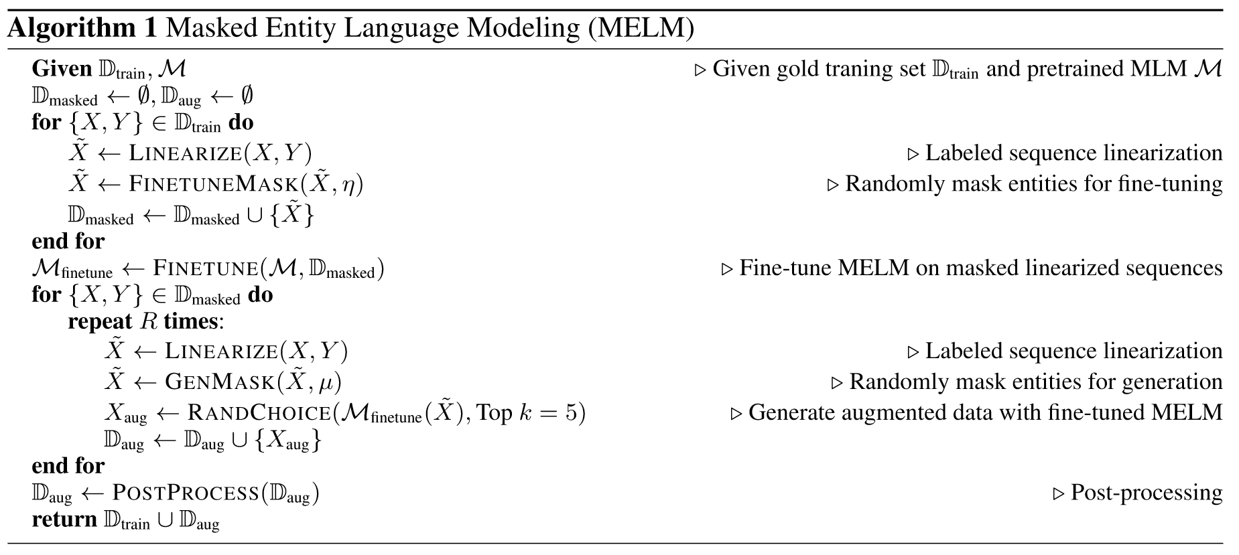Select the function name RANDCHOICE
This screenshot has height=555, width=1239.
[259, 412]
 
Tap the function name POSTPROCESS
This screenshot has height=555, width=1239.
[186, 493]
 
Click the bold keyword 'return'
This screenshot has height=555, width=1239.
[64, 520]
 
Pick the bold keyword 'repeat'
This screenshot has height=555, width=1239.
[100, 321]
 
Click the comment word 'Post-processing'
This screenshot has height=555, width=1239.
[1146, 493]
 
